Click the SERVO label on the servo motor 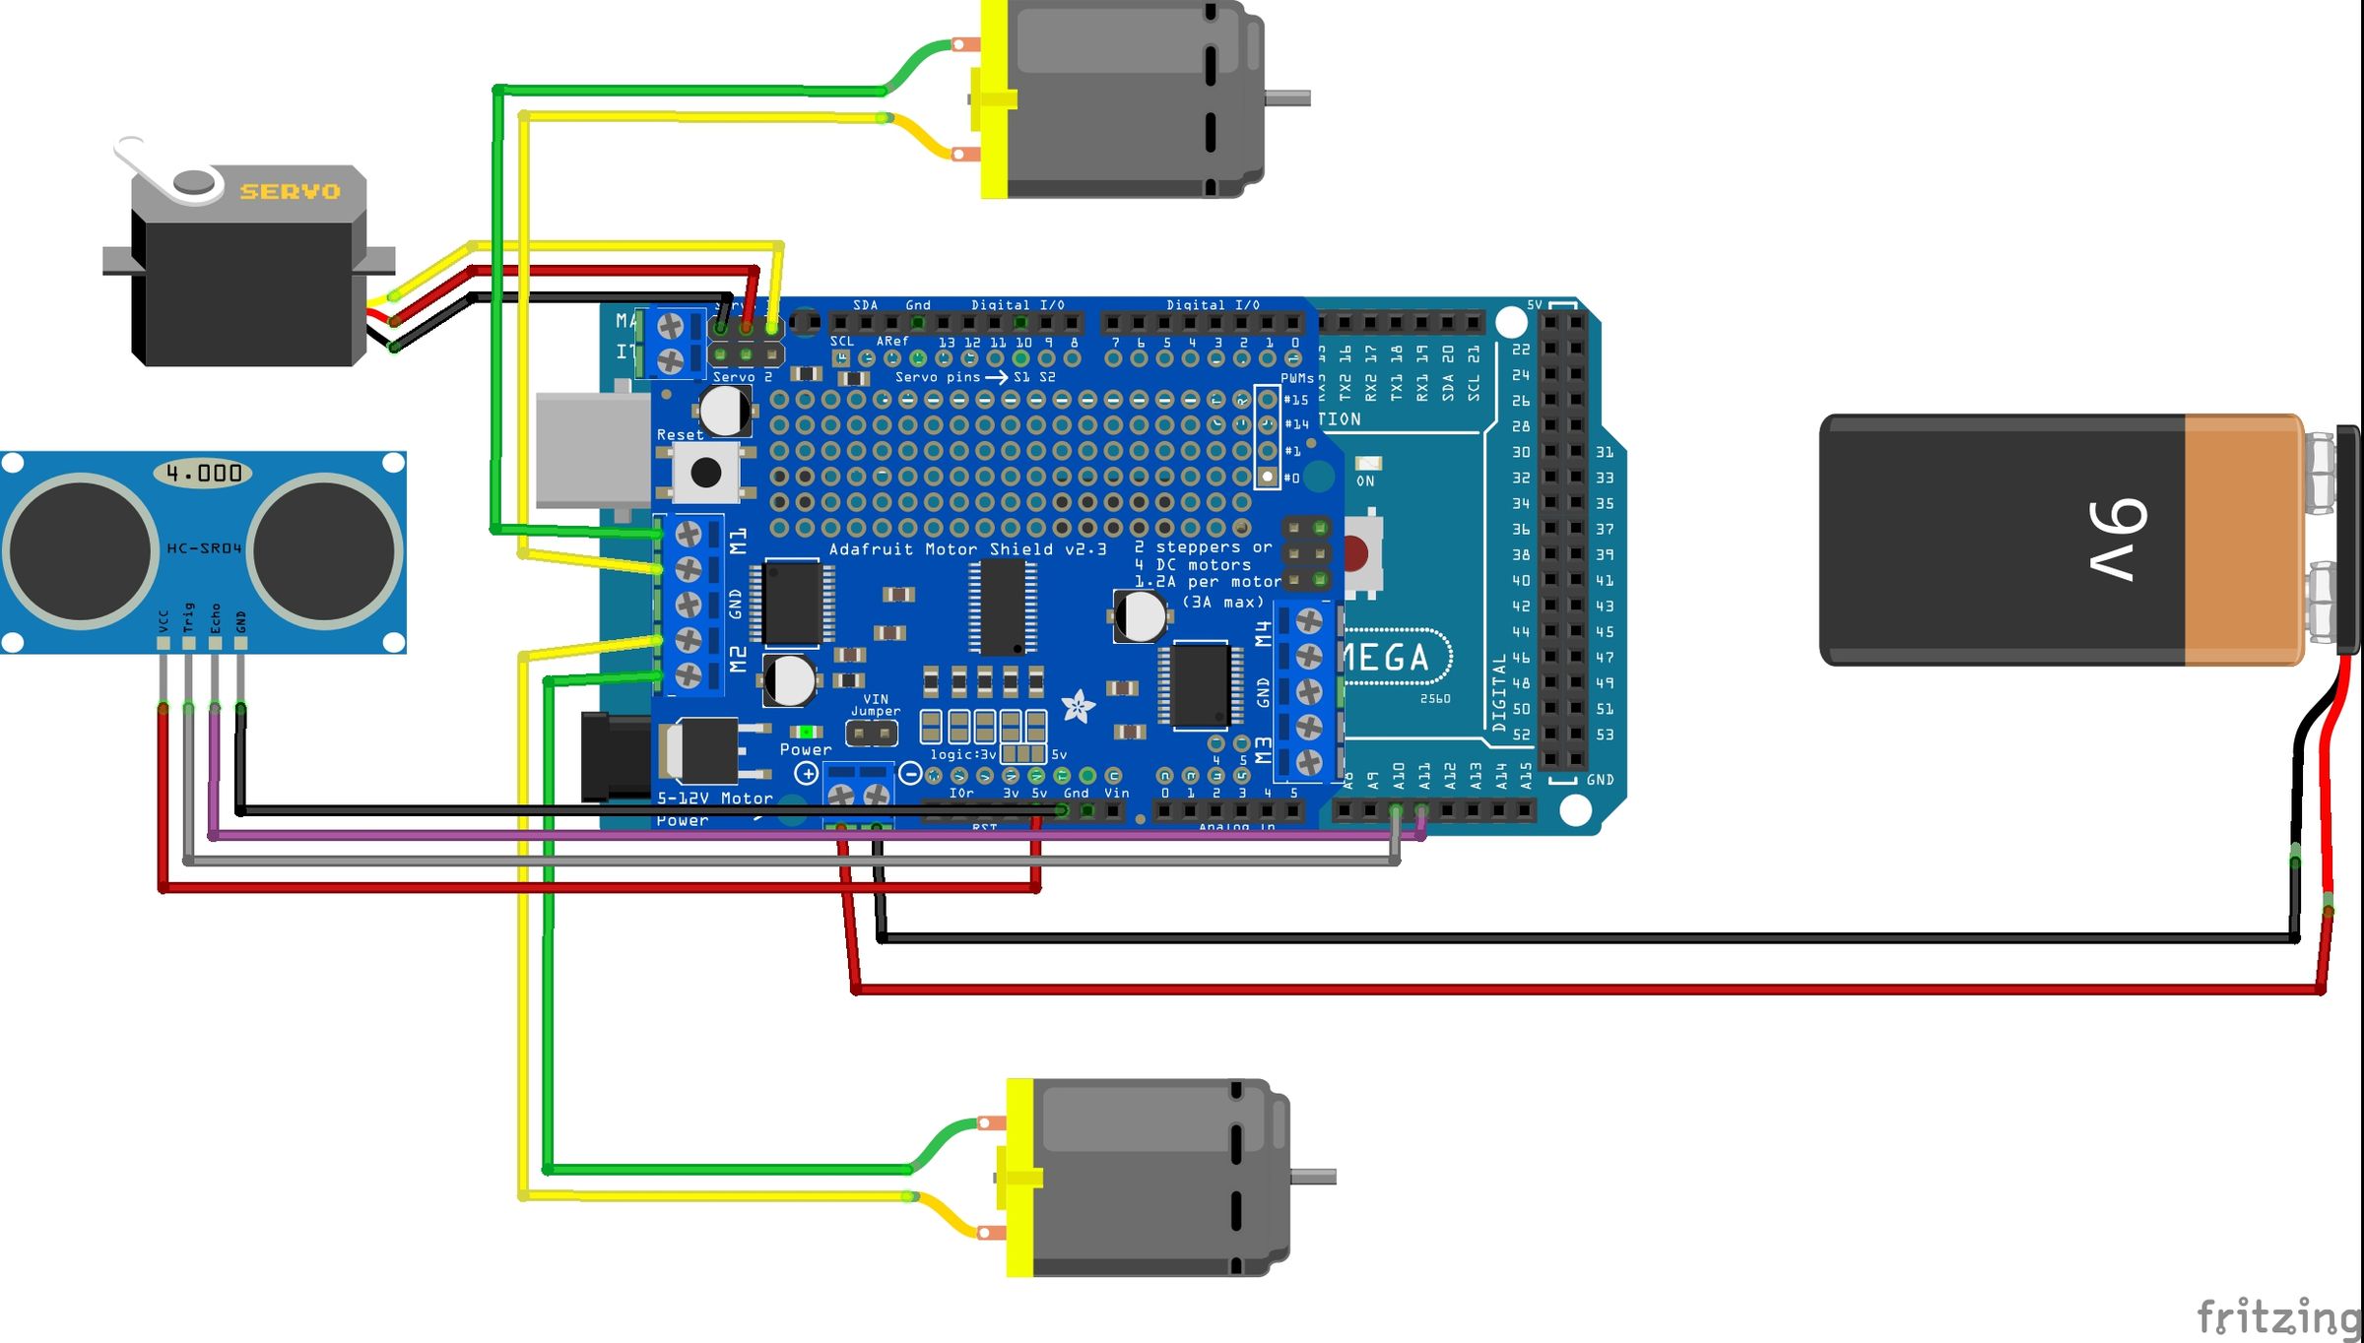pyautogui.click(x=290, y=191)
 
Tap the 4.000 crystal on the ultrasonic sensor pyautogui.click(x=203, y=474)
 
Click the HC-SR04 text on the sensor pyautogui.click(x=204, y=548)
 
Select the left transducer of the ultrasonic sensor pyautogui.click(x=81, y=550)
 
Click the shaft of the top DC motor pyautogui.click(x=1287, y=97)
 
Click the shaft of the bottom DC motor pyautogui.click(x=1313, y=1176)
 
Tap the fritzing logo pyautogui.click(x=2278, y=1315)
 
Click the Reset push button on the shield pyautogui.click(x=706, y=473)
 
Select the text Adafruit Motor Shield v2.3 pyautogui.click(x=967, y=549)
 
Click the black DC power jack pyautogui.click(x=615, y=756)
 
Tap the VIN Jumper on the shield pyautogui.click(x=872, y=733)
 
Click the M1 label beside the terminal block pyautogui.click(x=739, y=541)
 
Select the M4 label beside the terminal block pyautogui.click(x=1264, y=633)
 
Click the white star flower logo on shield pyautogui.click(x=1078, y=706)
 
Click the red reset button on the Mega pyautogui.click(x=1356, y=554)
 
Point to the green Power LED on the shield pyautogui.click(x=807, y=732)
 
